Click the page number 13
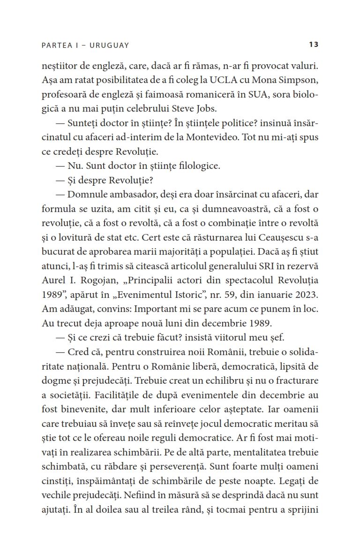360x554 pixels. [314, 45]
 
